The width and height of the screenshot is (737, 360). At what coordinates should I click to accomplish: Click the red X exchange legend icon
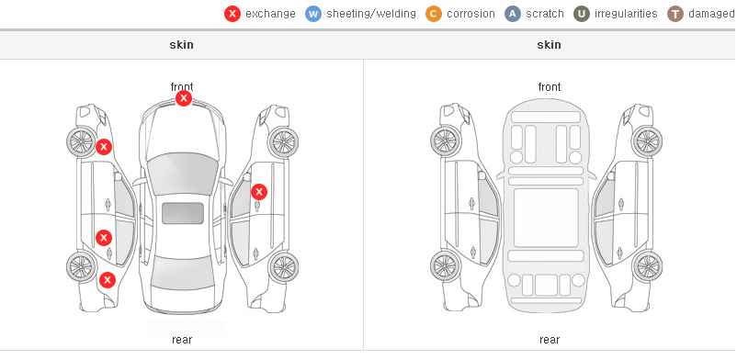(x=232, y=14)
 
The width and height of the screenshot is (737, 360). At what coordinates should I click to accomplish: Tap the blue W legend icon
(x=313, y=14)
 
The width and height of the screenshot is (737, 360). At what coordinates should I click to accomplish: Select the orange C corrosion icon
(x=434, y=14)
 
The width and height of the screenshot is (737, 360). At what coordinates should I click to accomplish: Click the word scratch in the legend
(x=545, y=14)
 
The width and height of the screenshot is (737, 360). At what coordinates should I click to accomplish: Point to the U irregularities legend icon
(x=582, y=14)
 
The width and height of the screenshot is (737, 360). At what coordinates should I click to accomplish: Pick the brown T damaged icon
(x=675, y=14)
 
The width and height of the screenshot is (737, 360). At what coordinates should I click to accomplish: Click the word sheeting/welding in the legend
(x=371, y=14)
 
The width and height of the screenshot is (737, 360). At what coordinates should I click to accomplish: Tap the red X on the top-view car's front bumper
(x=184, y=98)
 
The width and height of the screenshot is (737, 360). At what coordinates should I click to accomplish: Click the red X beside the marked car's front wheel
(x=104, y=147)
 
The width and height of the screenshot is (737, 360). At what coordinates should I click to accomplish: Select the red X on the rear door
(x=104, y=238)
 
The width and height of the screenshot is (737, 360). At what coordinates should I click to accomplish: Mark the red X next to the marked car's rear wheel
(x=108, y=280)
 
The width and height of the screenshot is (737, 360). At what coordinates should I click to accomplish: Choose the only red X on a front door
(x=259, y=192)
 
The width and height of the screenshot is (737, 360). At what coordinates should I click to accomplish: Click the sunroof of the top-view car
(x=183, y=213)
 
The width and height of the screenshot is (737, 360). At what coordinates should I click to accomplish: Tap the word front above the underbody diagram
(x=550, y=87)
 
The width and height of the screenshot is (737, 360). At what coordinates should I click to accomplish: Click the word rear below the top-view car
(x=182, y=340)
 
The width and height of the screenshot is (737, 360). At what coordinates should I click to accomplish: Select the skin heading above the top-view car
(x=181, y=45)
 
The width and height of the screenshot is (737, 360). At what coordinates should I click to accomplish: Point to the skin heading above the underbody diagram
(x=549, y=45)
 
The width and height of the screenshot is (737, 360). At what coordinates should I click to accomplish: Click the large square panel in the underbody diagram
(x=546, y=218)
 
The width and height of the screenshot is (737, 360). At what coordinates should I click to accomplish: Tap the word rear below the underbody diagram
(x=550, y=340)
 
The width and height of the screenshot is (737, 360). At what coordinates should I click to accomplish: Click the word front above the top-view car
(x=182, y=87)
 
